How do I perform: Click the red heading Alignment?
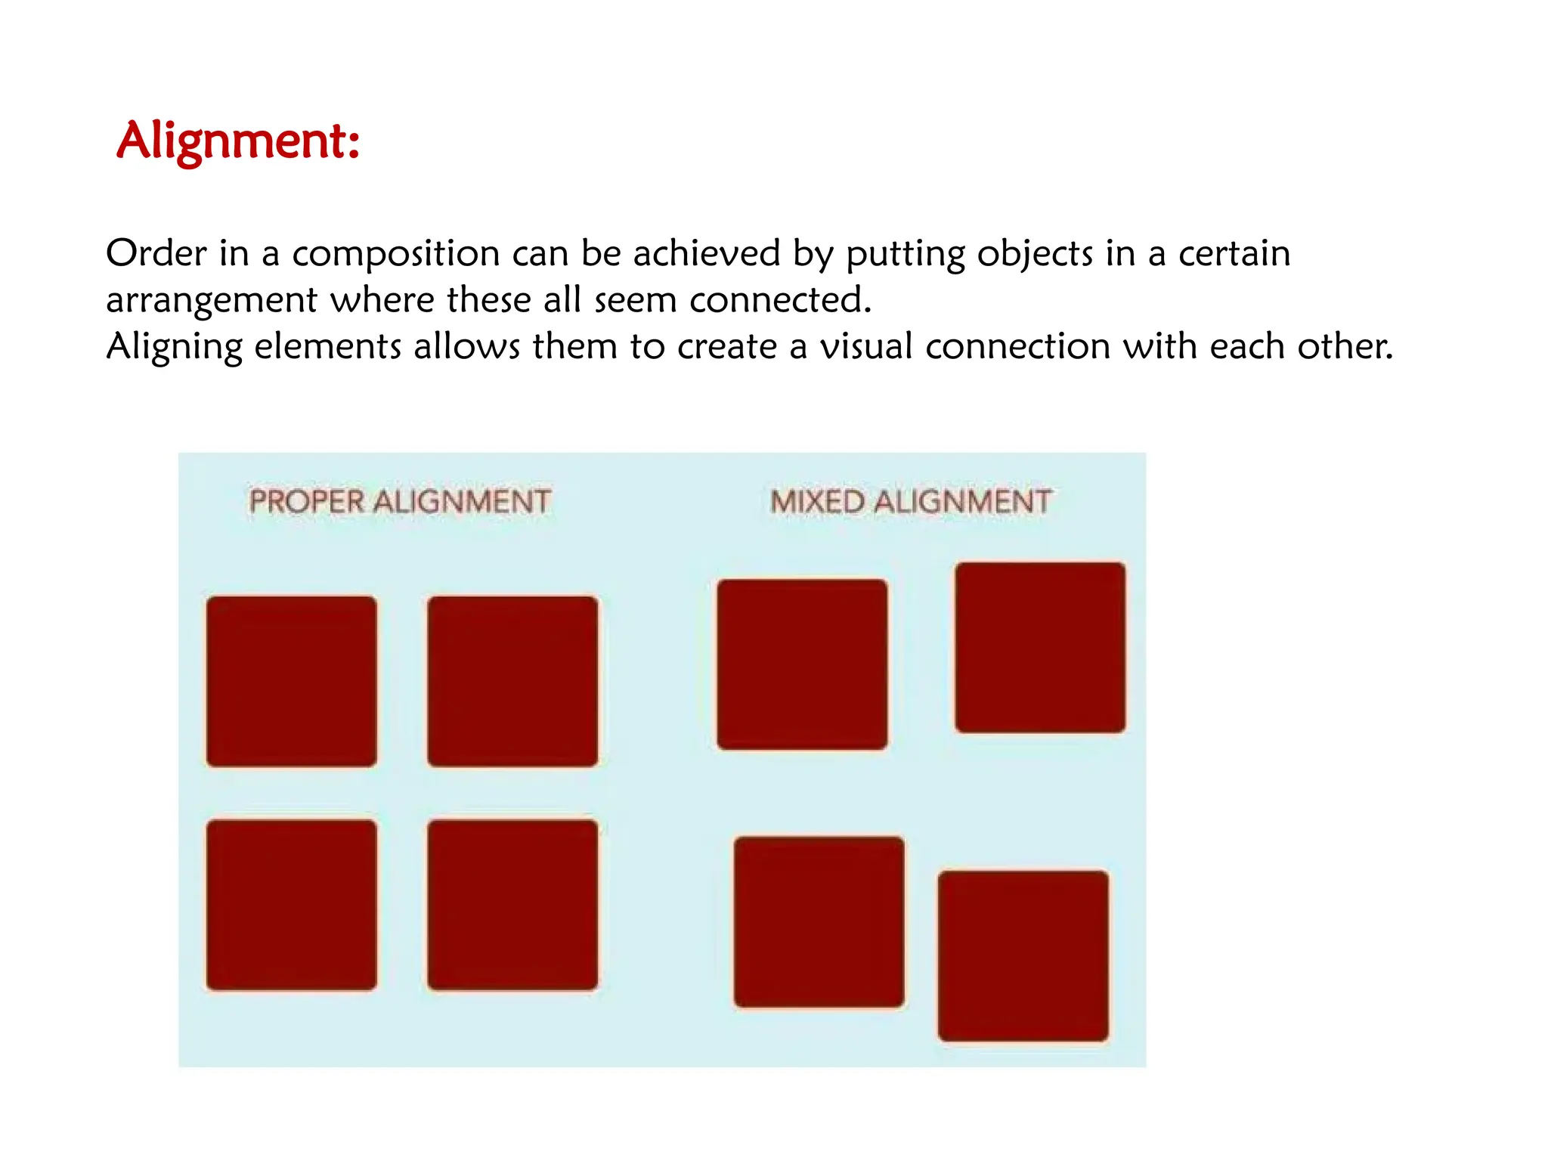[238, 141]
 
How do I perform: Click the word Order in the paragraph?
[156, 253]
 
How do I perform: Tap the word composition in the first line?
[396, 255]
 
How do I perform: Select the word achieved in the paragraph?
[706, 253]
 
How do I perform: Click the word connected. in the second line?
[780, 300]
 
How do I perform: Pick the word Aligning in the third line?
[174, 348]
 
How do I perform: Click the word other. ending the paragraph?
[1345, 346]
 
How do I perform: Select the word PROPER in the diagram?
[307, 502]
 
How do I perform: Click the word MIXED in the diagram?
[817, 502]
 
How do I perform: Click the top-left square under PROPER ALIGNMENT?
[292, 681]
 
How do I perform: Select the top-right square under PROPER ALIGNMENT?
[512, 681]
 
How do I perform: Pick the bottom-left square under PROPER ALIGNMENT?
[292, 904]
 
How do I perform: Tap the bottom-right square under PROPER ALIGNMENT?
[512, 904]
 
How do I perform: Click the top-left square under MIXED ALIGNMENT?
[802, 664]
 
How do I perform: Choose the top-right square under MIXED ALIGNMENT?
[1040, 647]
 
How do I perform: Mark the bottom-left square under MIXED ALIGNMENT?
[819, 921]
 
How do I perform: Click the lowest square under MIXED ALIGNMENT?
[1023, 955]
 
